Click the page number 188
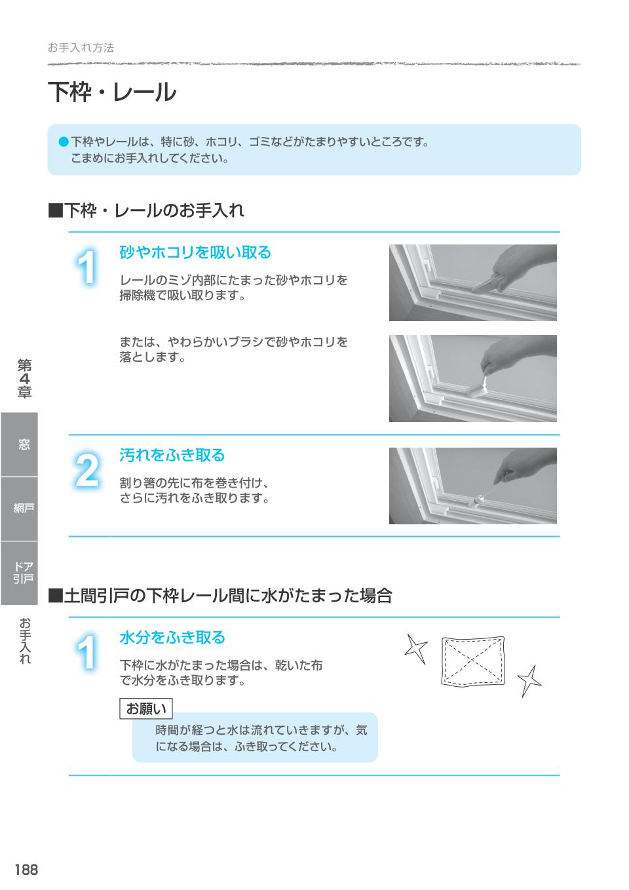click(x=26, y=870)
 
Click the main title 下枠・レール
click(x=112, y=92)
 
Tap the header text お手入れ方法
click(x=81, y=48)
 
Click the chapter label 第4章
click(x=24, y=379)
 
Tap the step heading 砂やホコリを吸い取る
click(x=195, y=252)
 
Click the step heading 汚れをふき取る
click(x=172, y=455)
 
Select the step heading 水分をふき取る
click(x=172, y=637)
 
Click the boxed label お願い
click(x=145, y=708)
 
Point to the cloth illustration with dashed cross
click(x=471, y=661)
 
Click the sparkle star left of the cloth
click(x=415, y=648)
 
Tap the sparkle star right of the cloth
click(x=529, y=680)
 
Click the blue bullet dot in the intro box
click(x=64, y=141)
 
